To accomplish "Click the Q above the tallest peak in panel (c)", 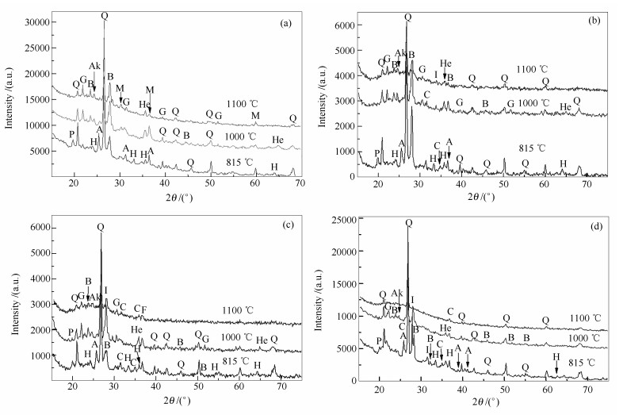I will pos(100,226).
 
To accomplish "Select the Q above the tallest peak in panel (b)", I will pos(407,17).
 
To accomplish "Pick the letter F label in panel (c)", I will pos(144,309).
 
